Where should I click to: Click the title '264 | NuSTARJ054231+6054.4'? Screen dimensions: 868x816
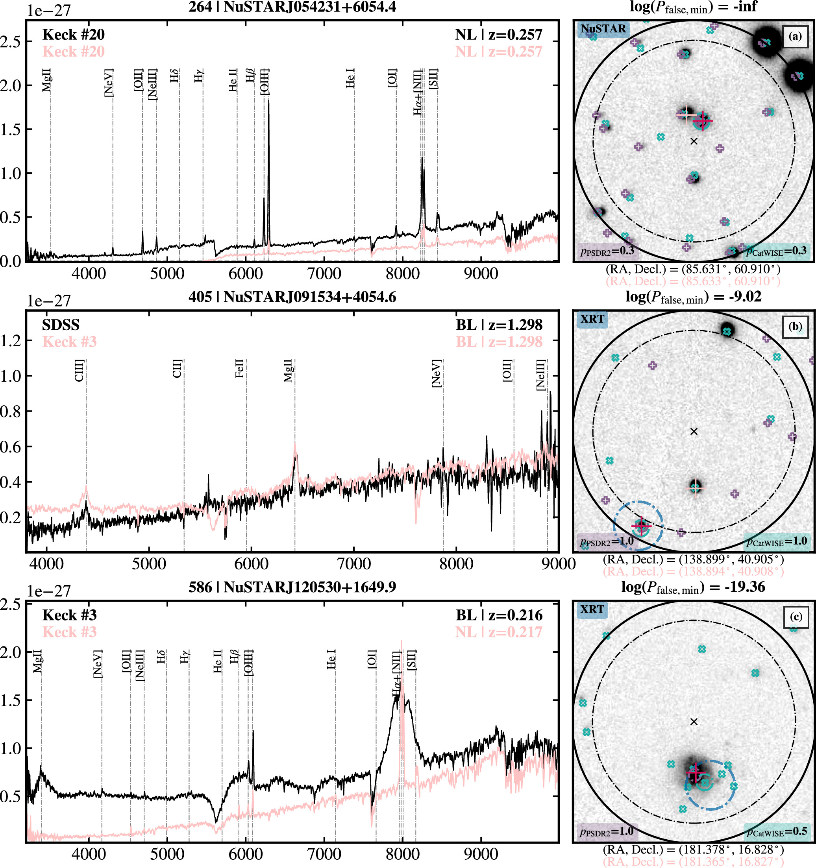point(292,7)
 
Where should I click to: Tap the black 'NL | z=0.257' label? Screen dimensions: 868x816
point(498,35)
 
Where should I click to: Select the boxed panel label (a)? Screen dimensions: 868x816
point(795,36)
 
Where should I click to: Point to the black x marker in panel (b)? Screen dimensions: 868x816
point(694,431)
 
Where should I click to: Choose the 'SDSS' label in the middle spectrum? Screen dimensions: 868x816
point(61,325)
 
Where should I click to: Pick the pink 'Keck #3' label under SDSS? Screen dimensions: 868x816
point(69,342)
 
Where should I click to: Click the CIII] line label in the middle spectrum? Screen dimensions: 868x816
point(80,370)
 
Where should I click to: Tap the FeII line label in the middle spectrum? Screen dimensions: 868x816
point(239,369)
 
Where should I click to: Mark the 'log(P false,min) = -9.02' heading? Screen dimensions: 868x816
point(693,297)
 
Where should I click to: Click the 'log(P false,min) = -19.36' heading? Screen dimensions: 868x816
point(693,587)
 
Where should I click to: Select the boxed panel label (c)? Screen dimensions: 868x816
point(795,617)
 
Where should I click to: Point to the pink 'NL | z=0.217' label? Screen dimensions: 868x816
point(498,632)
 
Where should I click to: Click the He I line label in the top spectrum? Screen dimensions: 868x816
point(350,78)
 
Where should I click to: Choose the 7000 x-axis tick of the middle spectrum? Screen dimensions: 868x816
point(354,564)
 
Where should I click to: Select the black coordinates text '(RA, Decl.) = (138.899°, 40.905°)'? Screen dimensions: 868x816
point(693,559)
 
